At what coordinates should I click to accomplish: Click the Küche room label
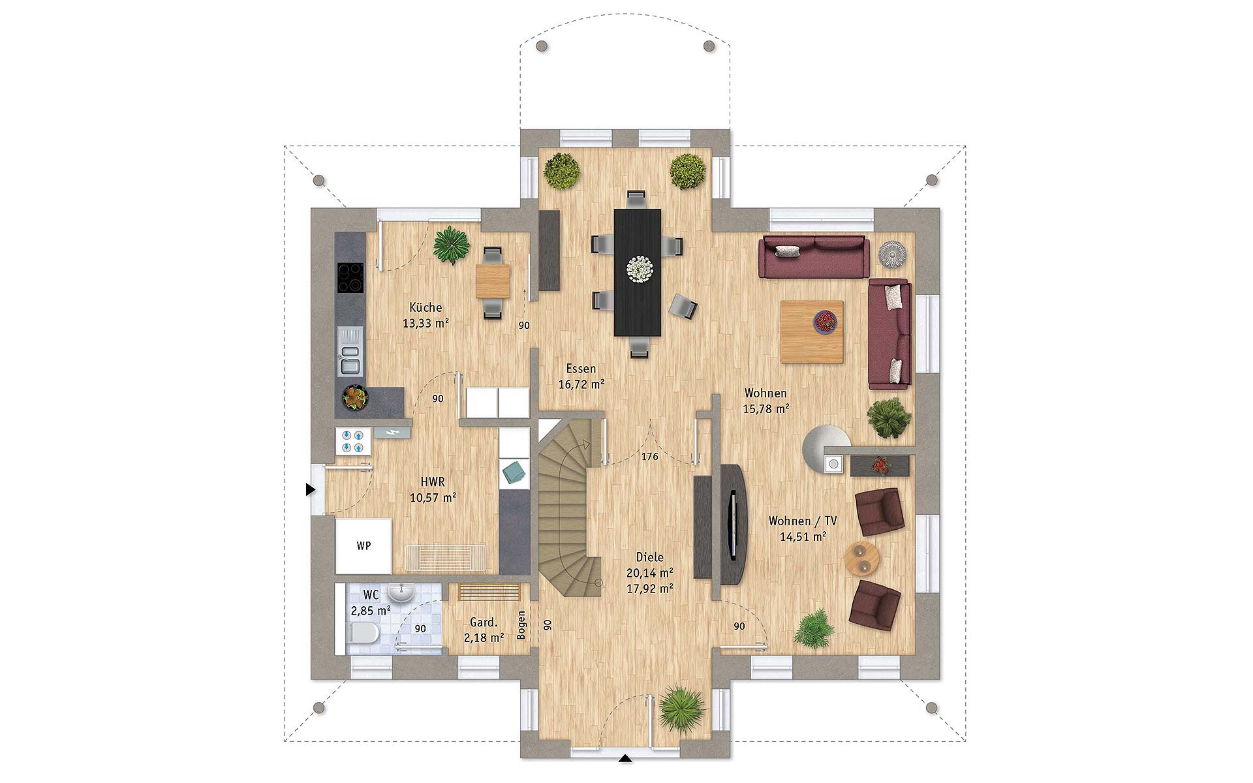click(x=425, y=307)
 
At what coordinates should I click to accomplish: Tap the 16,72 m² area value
click(x=581, y=384)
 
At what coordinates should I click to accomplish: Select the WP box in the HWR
click(x=364, y=545)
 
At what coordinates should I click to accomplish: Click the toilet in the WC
click(x=363, y=632)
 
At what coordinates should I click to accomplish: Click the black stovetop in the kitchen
click(x=350, y=277)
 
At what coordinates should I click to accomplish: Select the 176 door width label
click(x=649, y=457)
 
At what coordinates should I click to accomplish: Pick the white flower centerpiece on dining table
click(x=638, y=269)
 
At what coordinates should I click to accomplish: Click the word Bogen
click(x=521, y=625)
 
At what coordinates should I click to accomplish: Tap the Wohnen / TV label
click(x=803, y=521)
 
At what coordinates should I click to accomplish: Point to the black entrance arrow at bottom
click(x=625, y=758)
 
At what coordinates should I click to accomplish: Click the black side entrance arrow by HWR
click(x=311, y=489)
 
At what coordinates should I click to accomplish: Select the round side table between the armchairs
click(x=862, y=559)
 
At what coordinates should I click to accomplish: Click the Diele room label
click(x=649, y=557)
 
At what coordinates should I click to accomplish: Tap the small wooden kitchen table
click(x=493, y=281)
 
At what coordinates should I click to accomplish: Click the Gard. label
click(x=484, y=622)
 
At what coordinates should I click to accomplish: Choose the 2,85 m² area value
click(x=371, y=611)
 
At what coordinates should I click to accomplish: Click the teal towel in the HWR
click(x=514, y=470)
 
